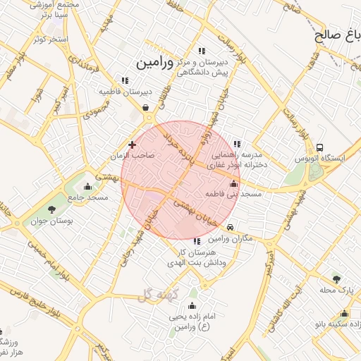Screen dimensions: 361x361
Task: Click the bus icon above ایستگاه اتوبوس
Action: (x=321, y=148)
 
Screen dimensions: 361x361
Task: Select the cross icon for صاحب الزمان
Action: (x=132, y=145)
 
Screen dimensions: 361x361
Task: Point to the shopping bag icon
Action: (x=145, y=108)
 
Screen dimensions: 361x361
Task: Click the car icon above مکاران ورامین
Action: (x=231, y=228)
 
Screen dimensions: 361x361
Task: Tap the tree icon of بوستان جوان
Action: (x=51, y=209)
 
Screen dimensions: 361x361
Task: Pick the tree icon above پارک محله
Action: (x=336, y=279)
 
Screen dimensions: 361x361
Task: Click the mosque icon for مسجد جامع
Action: (x=87, y=187)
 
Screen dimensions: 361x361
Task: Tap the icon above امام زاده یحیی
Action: (x=192, y=306)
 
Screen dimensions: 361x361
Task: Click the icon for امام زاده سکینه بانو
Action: (x=344, y=314)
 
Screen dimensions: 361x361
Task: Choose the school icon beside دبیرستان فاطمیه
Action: (x=125, y=81)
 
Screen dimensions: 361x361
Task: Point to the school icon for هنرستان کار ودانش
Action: (x=197, y=242)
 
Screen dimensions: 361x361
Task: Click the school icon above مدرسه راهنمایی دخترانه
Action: (x=236, y=144)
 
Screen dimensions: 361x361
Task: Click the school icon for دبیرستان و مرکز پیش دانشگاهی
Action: (x=202, y=51)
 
